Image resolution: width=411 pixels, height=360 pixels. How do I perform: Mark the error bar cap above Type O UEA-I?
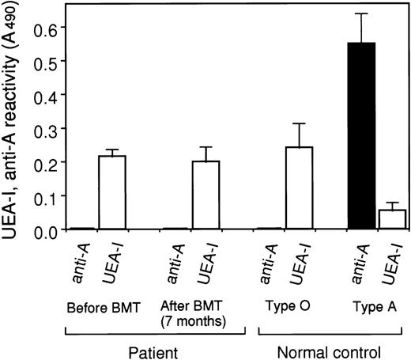coord(300,123)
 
